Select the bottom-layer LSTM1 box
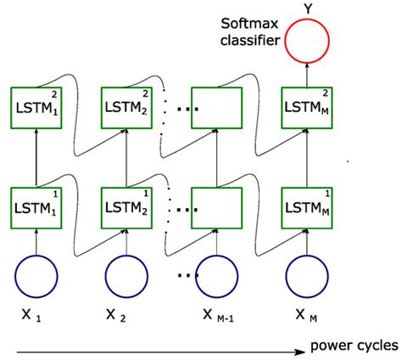(x=35, y=205)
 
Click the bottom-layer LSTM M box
(x=307, y=205)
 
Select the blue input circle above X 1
(x=35, y=275)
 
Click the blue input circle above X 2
(x=126, y=275)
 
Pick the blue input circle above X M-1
(x=216, y=275)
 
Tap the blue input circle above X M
(x=307, y=275)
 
